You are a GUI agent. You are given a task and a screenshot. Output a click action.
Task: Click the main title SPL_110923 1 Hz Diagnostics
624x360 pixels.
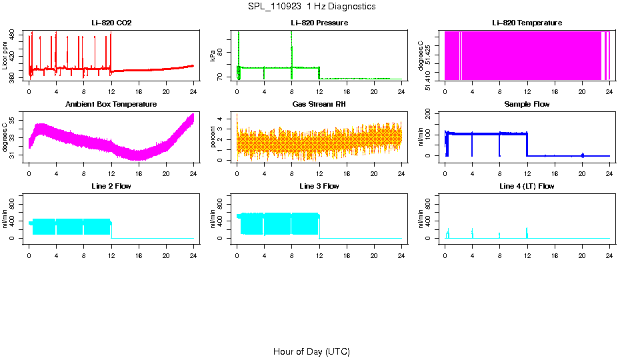coord(311,7)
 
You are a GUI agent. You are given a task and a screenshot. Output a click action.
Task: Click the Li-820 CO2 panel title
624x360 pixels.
coord(111,23)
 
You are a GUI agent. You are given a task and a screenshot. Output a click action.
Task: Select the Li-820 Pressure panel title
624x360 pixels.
coord(319,23)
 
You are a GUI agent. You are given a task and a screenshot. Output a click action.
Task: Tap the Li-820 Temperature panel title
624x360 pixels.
coord(527,23)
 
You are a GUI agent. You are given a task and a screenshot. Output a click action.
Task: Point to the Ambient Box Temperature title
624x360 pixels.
coord(111,105)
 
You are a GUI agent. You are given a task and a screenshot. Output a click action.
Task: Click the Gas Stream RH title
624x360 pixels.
coord(319,105)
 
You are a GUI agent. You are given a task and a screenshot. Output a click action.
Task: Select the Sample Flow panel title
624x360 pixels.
coord(527,105)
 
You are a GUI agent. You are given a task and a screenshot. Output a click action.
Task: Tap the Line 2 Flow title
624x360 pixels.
coord(111,186)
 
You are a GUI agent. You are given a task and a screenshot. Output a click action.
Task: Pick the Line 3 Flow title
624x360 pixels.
coord(319,186)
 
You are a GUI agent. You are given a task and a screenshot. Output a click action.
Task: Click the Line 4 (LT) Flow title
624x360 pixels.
coord(527,186)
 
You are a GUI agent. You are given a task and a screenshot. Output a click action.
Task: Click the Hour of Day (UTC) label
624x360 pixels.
coord(311,351)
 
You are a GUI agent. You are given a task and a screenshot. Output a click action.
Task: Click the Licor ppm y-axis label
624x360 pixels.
coord(5,56)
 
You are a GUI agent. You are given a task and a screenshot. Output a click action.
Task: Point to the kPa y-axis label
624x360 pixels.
coord(213,56)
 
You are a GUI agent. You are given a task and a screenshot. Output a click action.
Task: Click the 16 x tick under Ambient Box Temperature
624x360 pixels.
coord(139,173)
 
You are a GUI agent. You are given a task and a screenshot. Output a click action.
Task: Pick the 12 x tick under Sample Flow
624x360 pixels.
coord(527,173)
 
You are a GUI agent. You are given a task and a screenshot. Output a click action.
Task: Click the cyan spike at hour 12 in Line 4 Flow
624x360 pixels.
coord(527,232)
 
